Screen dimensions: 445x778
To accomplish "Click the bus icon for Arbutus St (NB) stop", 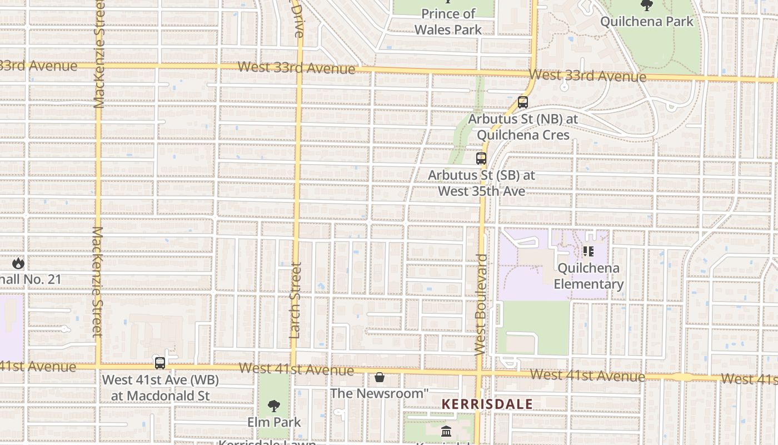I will point(522,102).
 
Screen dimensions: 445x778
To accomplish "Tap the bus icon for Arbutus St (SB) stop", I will point(481,159).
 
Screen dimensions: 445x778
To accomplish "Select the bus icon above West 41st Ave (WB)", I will point(160,363).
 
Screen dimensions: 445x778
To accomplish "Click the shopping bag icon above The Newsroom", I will point(380,378).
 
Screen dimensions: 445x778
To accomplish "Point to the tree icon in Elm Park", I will point(274,406).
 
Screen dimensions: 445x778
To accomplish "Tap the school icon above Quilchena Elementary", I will point(589,251).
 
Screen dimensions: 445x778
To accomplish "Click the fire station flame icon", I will point(18,263).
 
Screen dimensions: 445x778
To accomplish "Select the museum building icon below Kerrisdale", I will point(446,432).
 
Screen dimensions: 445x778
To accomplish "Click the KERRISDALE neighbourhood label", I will point(487,404).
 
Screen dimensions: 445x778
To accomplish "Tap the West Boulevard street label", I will point(481,305).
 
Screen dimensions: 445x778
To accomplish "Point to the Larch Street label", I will point(295,300).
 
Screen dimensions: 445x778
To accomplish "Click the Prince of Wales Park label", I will point(448,22).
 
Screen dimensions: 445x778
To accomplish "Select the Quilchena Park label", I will point(647,22).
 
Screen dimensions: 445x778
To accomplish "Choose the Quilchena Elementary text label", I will point(589,276).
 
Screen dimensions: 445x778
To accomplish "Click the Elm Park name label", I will point(274,422).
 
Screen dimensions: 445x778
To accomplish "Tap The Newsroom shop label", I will point(380,393).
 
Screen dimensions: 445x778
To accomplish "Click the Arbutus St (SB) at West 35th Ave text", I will point(481,183).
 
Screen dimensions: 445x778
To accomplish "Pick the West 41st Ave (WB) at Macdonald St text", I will point(160,388).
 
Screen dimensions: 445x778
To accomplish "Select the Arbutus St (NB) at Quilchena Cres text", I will point(523,127).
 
